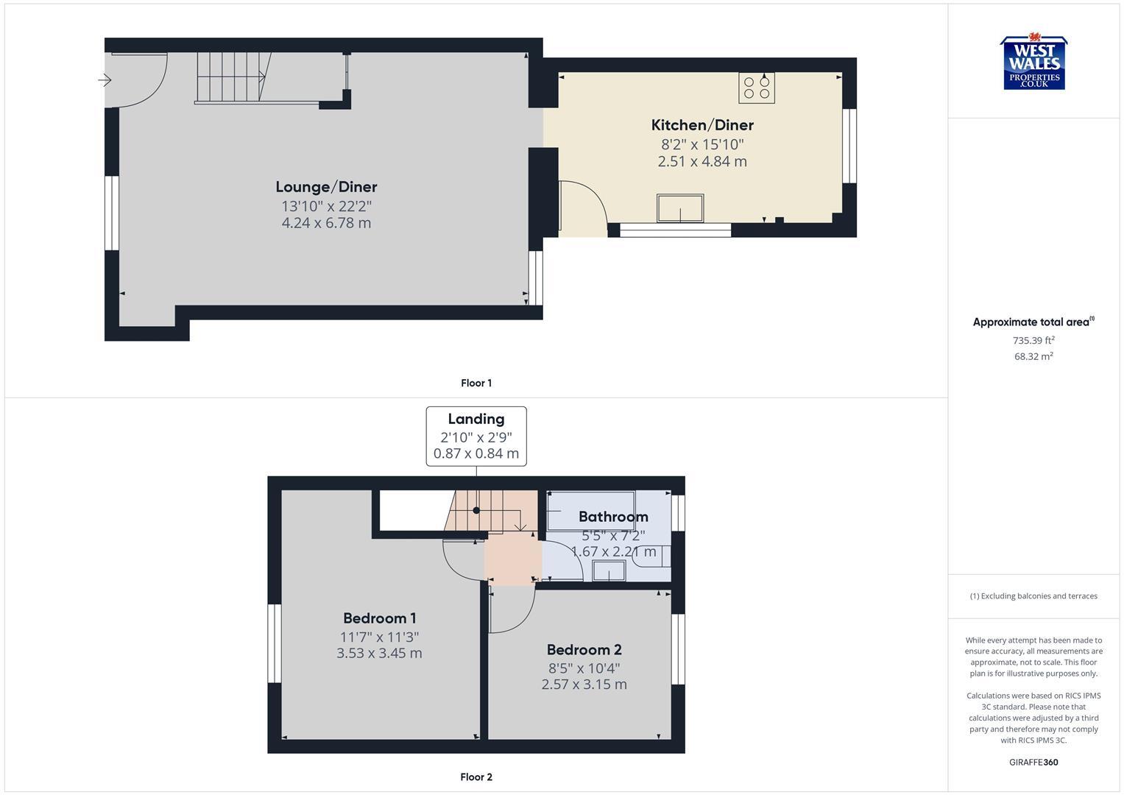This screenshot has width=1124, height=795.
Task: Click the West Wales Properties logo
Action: coord(1033,63)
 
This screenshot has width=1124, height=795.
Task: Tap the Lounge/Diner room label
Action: coord(326,187)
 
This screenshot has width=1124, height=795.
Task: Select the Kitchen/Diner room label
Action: coord(702,125)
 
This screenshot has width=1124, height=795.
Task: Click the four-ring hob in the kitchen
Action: coord(757,88)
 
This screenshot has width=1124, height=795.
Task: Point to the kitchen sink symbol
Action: coord(680,208)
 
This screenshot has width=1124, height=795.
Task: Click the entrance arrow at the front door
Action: coord(105,79)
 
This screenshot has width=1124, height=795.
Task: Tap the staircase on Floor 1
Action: coord(230,77)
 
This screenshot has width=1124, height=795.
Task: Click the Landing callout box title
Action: coord(476,419)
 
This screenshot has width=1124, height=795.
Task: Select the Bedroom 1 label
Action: coord(379,618)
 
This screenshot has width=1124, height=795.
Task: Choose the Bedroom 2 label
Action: coord(584,650)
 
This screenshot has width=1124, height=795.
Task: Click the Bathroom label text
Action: coord(612,517)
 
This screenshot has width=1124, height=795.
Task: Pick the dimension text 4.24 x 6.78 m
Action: coord(326,223)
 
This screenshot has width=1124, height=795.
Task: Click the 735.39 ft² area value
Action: coord(1033,340)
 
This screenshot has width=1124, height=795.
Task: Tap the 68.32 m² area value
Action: coord(1033,356)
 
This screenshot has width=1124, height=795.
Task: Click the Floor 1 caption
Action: coord(476,383)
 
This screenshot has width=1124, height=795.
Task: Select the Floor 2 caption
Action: coord(476,777)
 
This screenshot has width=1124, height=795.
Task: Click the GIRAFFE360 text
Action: coord(1033,762)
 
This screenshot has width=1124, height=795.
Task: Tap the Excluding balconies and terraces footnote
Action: coord(1033,596)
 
